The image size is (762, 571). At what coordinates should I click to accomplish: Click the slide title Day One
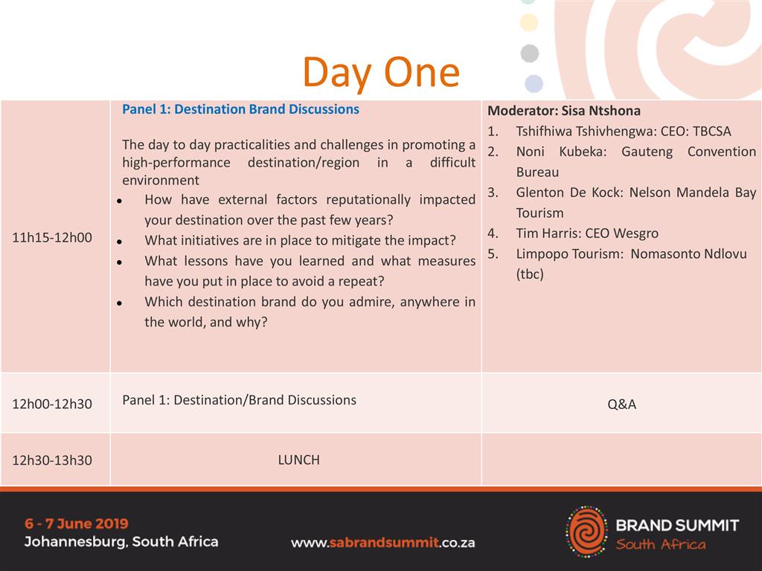tap(381, 73)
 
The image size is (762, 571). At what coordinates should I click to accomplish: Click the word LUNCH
tap(299, 459)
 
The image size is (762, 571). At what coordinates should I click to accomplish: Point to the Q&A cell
tap(621, 404)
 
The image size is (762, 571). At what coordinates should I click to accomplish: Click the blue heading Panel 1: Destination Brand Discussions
tap(240, 109)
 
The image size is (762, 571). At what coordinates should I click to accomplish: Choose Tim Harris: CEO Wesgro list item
tap(587, 233)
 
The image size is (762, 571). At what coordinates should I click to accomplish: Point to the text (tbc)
tap(530, 274)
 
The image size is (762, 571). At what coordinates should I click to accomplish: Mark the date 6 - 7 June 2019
tap(77, 523)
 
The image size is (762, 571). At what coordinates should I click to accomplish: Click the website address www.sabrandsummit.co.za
tap(383, 543)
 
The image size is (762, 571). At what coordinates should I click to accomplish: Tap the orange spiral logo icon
tap(587, 531)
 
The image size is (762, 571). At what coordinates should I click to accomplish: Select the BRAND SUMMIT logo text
tap(677, 526)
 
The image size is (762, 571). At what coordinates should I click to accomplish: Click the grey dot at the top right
tap(530, 54)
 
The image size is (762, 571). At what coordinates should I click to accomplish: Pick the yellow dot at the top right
tap(529, 22)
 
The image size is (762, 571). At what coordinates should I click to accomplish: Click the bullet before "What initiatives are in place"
tap(119, 242)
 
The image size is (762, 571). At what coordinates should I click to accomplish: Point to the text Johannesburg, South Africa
tap(121, 542)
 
